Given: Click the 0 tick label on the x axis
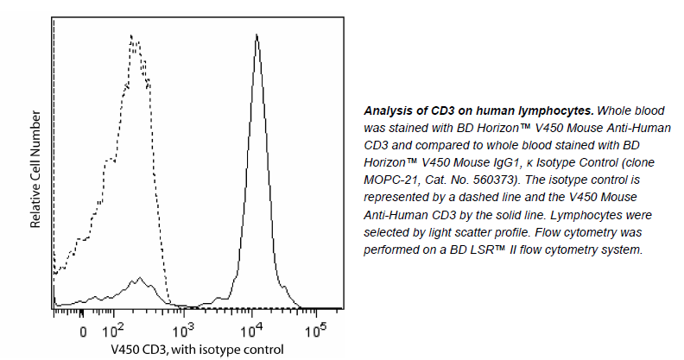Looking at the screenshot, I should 83,332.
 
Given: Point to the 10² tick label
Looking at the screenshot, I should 113,331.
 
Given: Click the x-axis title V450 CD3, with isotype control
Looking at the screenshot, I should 197,350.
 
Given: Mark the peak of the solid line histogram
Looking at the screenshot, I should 256,35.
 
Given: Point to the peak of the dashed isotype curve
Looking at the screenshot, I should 131,36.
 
